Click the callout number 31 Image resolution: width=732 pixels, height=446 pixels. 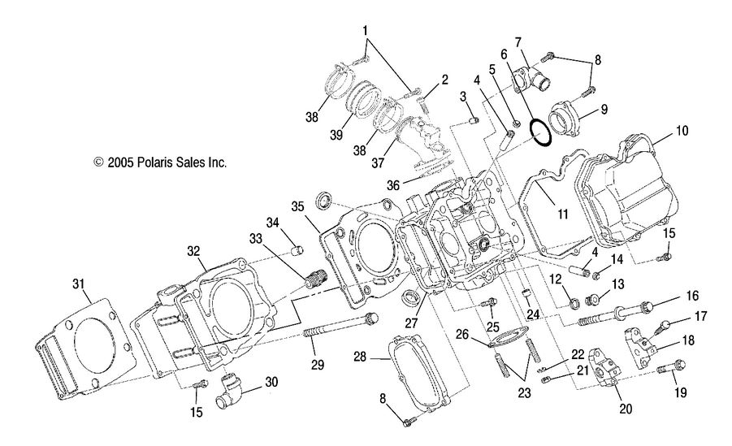point(78,284)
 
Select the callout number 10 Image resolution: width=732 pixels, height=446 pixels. point(681,130)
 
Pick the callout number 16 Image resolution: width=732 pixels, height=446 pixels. point(693,297)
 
